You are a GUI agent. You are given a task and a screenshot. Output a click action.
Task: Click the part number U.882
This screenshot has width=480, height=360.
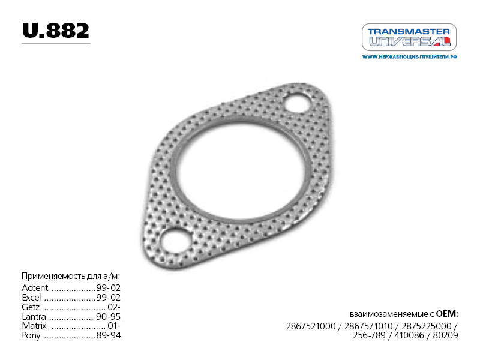56,31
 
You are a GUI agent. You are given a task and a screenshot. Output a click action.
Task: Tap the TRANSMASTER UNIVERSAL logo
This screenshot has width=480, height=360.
409,37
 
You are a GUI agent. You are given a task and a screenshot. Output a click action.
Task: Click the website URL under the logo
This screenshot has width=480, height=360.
410,57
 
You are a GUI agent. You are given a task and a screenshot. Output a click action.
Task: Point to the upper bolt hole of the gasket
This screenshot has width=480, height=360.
298,103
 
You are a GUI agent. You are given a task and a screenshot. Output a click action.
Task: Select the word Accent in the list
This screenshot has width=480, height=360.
35,288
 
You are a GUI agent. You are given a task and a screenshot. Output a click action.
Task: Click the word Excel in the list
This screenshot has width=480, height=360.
31,297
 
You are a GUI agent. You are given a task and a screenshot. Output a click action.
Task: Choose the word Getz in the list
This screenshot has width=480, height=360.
31,307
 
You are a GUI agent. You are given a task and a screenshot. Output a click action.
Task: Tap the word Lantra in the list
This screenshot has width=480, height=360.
34,317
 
